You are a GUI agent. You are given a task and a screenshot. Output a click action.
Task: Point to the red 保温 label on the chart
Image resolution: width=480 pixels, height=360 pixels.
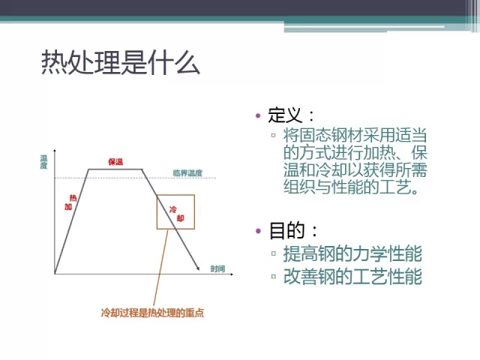pyautogui.click(x=115, y=162)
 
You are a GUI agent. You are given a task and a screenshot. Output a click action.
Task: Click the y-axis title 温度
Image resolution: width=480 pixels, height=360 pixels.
pyautogui.click(x=44, y=161)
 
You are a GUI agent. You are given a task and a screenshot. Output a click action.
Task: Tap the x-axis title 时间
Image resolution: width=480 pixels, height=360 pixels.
pyautogui.click(x=217, y=268)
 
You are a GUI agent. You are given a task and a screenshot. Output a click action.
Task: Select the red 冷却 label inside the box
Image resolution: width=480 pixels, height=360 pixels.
pyautogui.click(x=175, y=213)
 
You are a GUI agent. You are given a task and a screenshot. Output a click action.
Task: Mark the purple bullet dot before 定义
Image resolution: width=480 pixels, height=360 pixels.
pyautogui.click(x=259, y=115)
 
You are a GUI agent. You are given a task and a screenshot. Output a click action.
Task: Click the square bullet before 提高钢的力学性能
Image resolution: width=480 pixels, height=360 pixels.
pyautogui.click(x=274, y=254)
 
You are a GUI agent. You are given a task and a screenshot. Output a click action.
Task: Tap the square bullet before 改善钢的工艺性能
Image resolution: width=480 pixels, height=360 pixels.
pyautogui.click(x=274, y=277)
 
